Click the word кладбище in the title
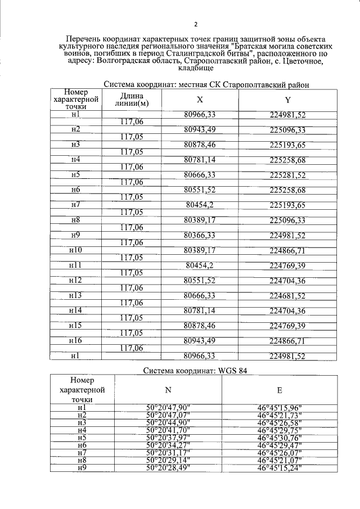(195, 68)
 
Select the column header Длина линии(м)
(131, 100)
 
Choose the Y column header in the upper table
(287, 100)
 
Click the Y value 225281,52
(287, 175)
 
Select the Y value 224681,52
(287, 295)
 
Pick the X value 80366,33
(200, 235)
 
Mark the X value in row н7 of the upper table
(200, 205)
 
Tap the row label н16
(76, 341)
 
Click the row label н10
(76, 250)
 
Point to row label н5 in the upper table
(76, 175)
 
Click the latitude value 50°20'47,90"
(168, 407)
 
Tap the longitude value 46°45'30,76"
(280, 438)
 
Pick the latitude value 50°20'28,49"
(168, 468)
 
